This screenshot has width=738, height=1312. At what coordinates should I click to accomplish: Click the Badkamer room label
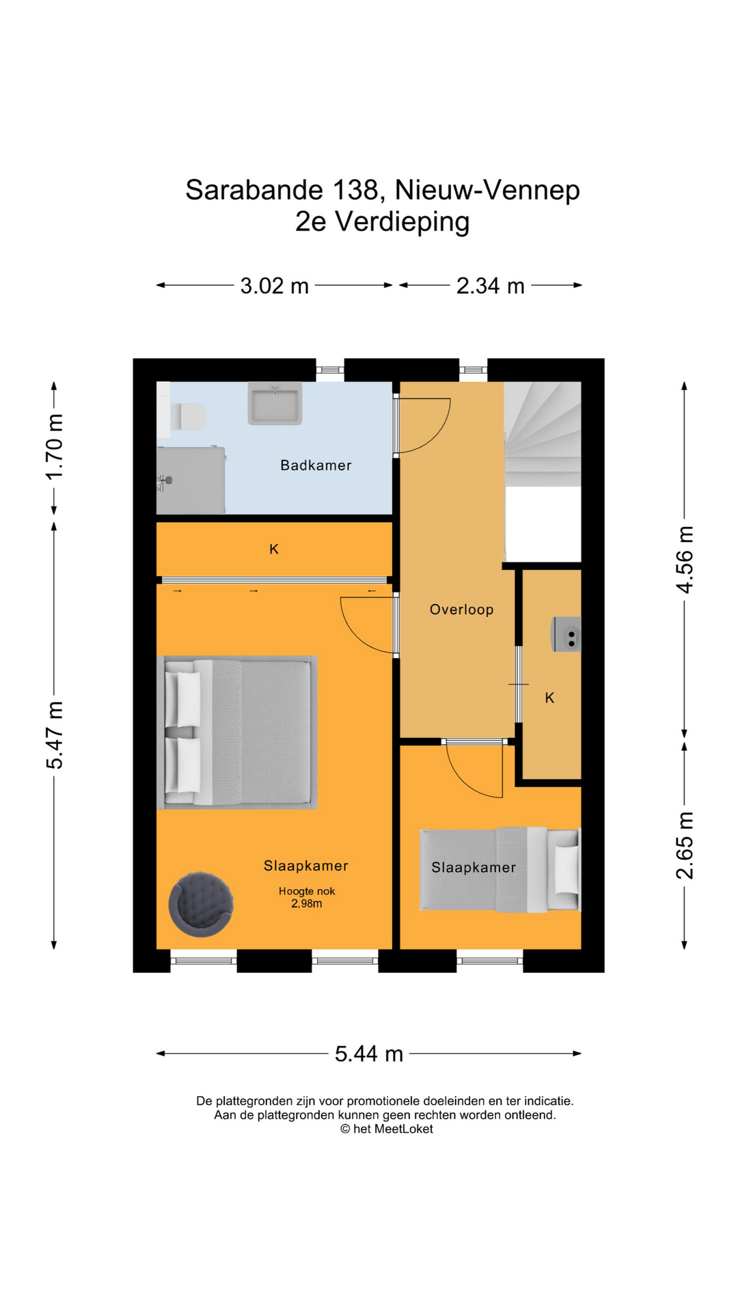coord(316,465)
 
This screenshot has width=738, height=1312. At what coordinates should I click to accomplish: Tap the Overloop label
coord(461,610)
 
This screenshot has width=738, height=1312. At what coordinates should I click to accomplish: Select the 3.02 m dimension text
coord(274,286)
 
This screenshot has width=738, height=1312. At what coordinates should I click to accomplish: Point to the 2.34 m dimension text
coord(490,286)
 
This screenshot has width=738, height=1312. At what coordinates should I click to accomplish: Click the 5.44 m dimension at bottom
coord(368,1054)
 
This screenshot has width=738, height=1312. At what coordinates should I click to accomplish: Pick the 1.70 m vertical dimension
coord(55,447)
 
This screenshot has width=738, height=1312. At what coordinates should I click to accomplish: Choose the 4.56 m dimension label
coord(685,560)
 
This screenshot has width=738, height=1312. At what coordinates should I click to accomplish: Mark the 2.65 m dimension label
coord(685,845)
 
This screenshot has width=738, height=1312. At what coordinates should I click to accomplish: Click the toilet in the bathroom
coord(187,416)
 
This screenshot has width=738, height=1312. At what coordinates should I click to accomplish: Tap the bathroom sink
coord(275,403)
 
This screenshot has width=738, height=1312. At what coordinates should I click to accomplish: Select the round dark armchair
coord(201,903)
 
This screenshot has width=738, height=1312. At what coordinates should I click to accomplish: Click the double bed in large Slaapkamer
coord(237,733)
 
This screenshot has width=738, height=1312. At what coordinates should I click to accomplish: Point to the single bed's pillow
coord(566,869)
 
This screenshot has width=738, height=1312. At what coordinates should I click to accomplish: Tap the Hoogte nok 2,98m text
coord(307,897)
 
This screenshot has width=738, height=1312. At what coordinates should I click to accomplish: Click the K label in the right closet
coord(549,698)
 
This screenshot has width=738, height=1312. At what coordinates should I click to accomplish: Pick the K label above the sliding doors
coord(274,549)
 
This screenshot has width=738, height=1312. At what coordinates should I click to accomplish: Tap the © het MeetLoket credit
coord(387,1129)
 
